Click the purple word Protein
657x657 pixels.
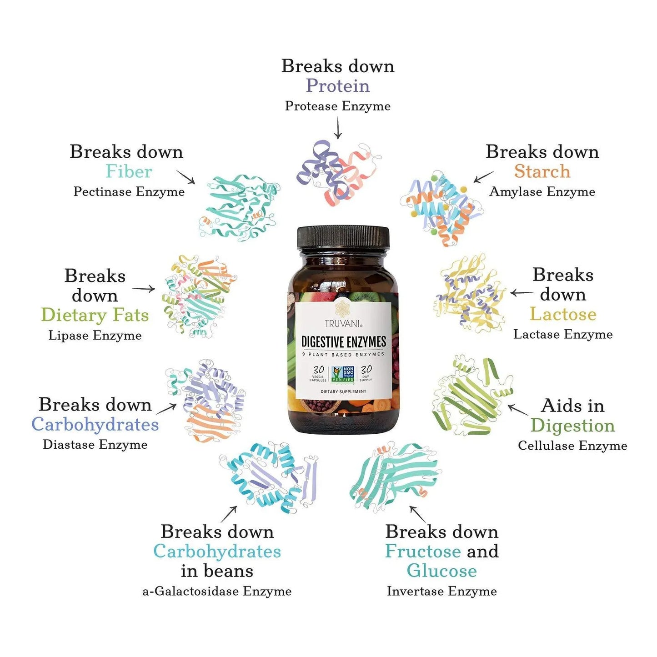337,85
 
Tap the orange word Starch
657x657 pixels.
542,171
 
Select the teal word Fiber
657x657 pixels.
129,171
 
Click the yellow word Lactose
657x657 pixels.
563,314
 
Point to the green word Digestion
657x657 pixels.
572,426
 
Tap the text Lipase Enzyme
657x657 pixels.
95,335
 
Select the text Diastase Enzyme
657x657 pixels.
95,445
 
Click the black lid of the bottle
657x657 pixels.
343,236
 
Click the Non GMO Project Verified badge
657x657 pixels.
343,374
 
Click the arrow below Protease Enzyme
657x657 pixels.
337,127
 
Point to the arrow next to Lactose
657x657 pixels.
522,292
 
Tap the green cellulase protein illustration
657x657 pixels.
472,397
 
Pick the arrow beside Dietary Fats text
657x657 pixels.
144,289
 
